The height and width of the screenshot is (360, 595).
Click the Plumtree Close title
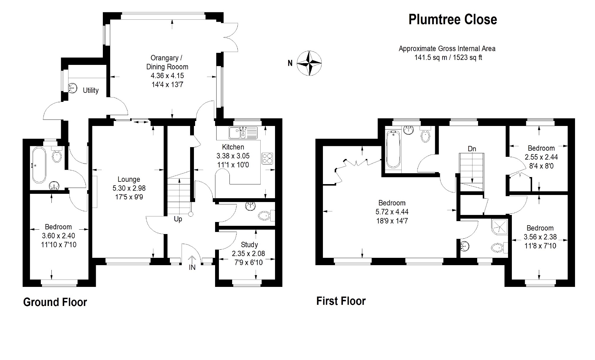tap(453, 20)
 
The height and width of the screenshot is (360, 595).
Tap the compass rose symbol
tap(309, 63)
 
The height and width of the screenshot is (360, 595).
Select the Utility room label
tap(90, 90)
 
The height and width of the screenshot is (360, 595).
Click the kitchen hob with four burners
tap(267, 159)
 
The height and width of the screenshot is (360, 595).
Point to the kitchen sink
tap(243, 133)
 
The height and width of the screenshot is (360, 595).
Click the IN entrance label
tap(192, 267)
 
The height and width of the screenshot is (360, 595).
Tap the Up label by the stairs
tap(178, 219)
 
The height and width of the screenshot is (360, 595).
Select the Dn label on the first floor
tap(472, 149)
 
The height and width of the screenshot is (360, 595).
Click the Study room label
tap(249, 245)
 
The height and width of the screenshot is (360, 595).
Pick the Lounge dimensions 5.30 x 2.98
tap(129, 188)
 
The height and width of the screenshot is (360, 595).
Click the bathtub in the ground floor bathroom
tap(39, 165)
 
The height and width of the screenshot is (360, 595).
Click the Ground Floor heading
tap(55, 302)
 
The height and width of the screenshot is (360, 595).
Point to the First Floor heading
tap(341, 301)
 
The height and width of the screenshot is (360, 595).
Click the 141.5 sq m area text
tap(431, 58)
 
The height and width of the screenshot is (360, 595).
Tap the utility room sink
tap(72, 88)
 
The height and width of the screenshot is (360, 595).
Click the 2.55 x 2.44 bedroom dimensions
tap(541, 157)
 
